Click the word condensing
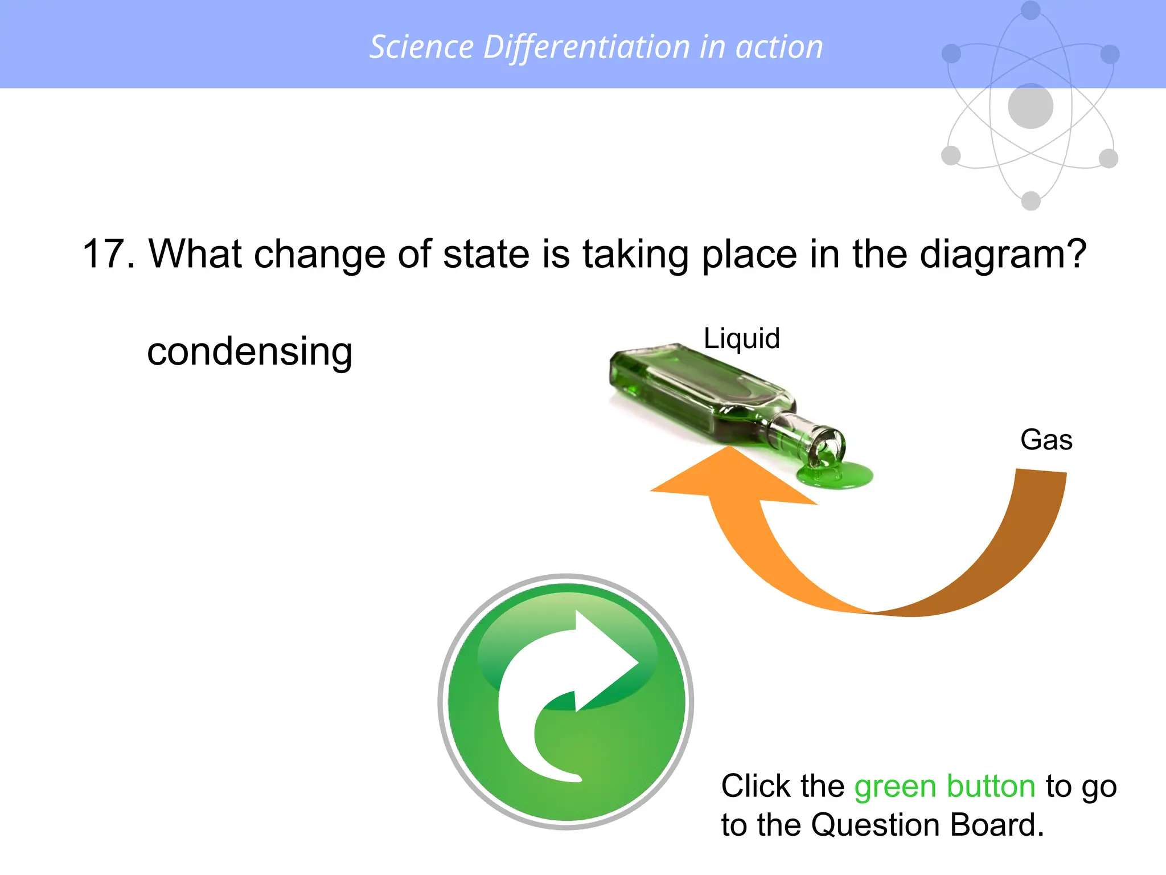249,351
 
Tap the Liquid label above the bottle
741,338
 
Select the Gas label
1046,440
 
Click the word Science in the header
421,47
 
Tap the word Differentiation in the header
586,47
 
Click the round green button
566,701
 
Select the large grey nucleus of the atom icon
1030,106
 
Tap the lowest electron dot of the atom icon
1030,201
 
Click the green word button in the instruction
991,786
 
